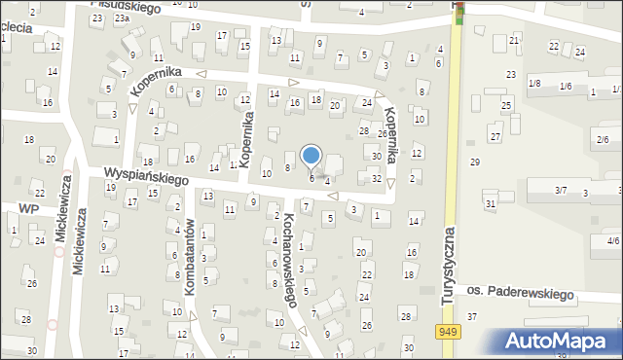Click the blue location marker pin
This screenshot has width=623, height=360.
[x=311, y=156]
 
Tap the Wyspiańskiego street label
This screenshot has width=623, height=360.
[x=146, y=177]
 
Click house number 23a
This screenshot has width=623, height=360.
[x=121, y=18]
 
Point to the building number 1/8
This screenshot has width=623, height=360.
[x=534, y=84]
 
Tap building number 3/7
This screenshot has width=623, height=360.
[x=561, y=190]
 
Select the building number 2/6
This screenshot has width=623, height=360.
[x=603, y=140]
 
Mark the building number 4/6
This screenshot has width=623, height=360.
[x=612, y=240]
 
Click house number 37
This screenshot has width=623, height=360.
[x=472, y=316]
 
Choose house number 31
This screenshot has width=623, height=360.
[x=491, y=202]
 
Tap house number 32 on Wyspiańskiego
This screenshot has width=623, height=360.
[x=376, y=178]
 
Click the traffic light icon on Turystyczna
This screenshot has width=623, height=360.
[x=458, y=10]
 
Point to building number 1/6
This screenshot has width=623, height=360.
[x=566, y=87]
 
